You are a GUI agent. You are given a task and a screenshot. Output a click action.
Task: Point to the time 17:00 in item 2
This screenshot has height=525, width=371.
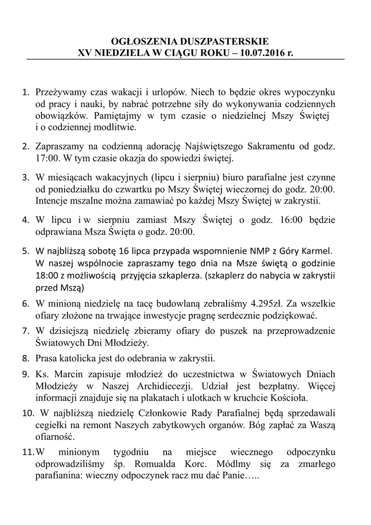(47, 156)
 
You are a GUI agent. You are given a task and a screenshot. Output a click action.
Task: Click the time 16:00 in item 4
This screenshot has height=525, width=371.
(292, 220)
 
